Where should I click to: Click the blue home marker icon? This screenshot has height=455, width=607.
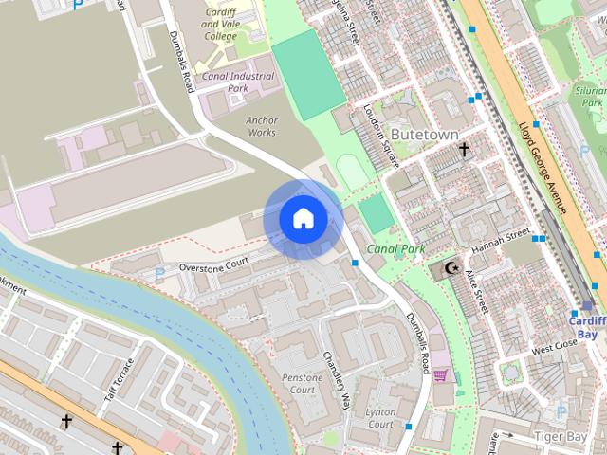[x=303, y=219]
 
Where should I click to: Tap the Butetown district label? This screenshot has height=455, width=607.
[x=424, y=135]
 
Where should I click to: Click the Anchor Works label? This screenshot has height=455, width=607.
[x=261, y=126]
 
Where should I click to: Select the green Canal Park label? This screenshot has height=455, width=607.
[x=396, y=250]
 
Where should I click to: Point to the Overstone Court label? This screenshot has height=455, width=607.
[x=213, y=264]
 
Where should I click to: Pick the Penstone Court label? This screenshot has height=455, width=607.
[x=303, y=383]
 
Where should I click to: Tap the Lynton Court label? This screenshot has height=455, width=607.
[x=380, y=418]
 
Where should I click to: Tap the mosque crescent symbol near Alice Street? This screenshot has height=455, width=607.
[x=451, y=268]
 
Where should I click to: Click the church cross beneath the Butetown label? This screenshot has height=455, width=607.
[x=464, y=150]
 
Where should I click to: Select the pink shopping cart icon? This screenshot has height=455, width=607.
[x=440, y=375]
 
